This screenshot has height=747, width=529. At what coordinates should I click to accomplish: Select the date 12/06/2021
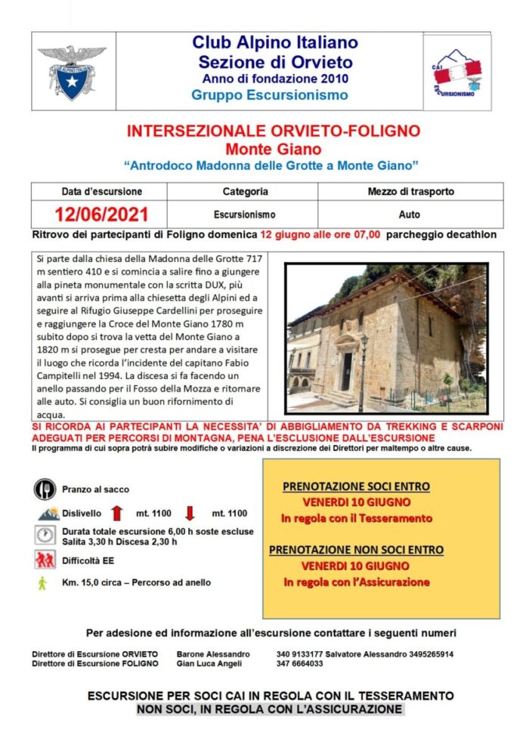point(101,215)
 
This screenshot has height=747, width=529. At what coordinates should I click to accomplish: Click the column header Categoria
point(245,192)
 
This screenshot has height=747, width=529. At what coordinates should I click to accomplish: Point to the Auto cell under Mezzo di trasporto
point(410,215)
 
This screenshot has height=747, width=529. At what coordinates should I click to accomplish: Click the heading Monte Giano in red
point(273,148)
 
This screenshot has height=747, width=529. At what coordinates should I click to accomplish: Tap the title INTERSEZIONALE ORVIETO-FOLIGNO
point(273,131)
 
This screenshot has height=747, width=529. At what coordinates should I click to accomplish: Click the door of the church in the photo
point(347,369)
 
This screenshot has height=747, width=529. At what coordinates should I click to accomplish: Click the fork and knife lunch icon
point(45,489)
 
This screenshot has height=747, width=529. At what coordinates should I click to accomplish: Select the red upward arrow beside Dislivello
point(117,514)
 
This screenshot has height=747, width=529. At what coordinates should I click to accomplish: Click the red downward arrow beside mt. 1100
point(190,514)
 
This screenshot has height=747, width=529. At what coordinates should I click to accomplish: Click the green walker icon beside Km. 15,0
point(43,582)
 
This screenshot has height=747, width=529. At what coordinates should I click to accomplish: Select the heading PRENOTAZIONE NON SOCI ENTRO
point(356,550)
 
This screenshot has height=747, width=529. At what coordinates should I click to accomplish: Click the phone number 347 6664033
point(300,664)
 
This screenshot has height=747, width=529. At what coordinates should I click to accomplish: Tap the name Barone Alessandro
point(213,654)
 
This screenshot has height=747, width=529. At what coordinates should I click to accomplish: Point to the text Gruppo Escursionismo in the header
point(270,95)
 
